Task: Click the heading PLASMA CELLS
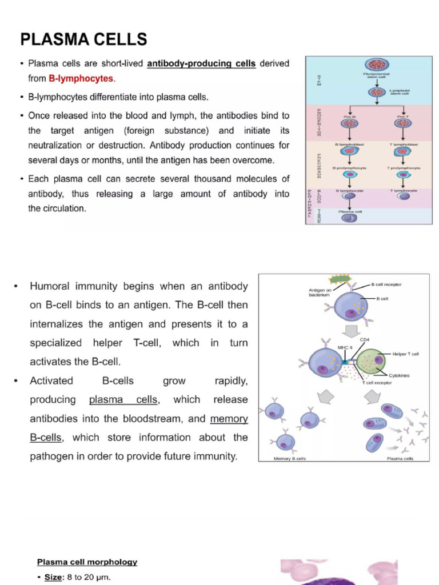[x=83, y=39]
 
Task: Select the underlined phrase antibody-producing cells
[x=201, y=63]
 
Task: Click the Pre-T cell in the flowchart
[x=403, y=123]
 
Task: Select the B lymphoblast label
[x=349, y=145]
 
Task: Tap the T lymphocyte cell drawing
[x=403, y=196]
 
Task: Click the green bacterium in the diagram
[x=341, y=280]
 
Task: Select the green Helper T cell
[x=370, y=362]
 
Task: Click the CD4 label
[x=364, y=339]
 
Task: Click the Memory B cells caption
[x=290, y=459]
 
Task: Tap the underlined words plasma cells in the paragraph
[x=123, y=399]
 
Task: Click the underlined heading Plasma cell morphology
[x=87, y=562]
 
